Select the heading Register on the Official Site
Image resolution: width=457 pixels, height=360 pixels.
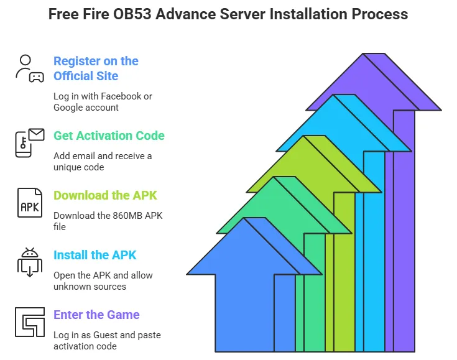pyautogui.click(x=96, y=68)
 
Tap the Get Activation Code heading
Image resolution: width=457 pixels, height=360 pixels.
pyautogui.click(x=109, y=136)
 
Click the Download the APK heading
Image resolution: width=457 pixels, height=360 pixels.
pyautogui.click(x=105, y=195)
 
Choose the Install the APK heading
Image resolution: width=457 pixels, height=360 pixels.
pyautogui.click(x=95, y=255)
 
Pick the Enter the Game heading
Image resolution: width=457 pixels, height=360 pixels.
pyautogui.click(x=96, y=315)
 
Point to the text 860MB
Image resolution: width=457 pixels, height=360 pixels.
pyautogui.click(x=127, y=216)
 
